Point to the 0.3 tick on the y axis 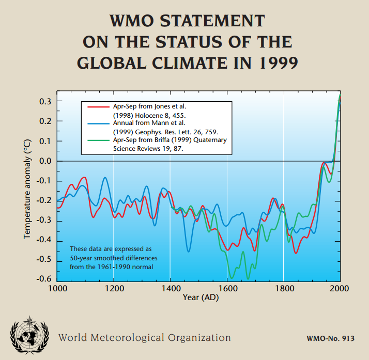45,102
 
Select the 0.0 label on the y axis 45,161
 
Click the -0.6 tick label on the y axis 44,279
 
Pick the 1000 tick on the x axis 57,288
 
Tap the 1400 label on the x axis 170,288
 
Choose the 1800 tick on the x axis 283,288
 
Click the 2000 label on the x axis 340,288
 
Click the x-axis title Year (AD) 201,298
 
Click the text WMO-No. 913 329,339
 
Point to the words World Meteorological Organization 144,338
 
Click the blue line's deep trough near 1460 189,251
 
